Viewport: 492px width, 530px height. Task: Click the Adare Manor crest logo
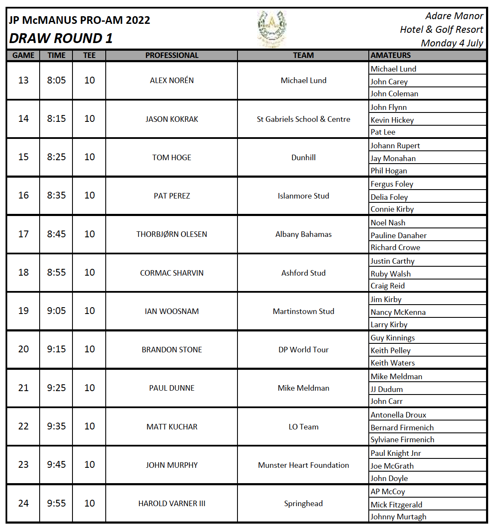(272, 28)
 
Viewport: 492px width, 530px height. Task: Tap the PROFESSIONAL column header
(172, 55)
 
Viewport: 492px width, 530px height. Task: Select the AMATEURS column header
(391, 55)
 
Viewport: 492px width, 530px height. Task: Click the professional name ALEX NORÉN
(172, 81)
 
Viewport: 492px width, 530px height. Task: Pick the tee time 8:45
(56, 234)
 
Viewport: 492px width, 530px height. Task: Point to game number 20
(23, 349)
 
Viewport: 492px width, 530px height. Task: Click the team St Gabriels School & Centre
(303, 119)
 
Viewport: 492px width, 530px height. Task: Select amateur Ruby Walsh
(391, 274)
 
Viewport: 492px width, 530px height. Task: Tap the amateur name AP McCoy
(388, 491)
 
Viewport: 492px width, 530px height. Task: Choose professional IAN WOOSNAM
(172, 311)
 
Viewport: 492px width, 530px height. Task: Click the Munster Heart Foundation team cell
(303, 465)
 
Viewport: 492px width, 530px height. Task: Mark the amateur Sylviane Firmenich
(402, 439)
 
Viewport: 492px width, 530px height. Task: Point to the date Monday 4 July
(452, 43)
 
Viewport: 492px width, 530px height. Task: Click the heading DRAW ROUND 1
(61, 38)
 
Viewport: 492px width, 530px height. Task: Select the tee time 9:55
(56, 503)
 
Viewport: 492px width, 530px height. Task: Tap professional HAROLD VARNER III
(172, 504)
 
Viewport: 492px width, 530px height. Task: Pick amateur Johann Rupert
(395, 145)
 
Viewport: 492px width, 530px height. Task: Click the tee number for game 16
(90, 195)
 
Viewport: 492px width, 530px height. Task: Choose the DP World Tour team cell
(303, 350)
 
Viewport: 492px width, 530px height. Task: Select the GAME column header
(23, 55)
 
